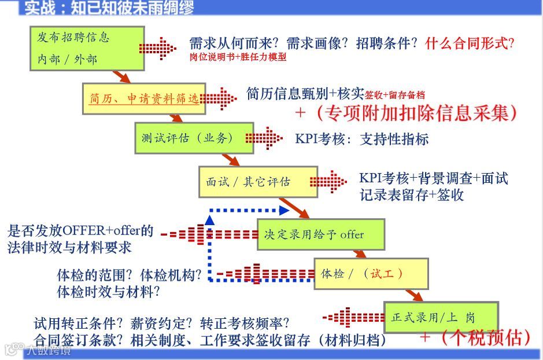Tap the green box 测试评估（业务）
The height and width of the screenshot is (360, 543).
click(x=194, y=138)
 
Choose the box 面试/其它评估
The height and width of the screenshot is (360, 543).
click(x=257, y=182)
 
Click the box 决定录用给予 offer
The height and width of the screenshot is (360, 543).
click(x=320, y=234)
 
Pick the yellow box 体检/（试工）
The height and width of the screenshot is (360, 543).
click(x=371, y=273)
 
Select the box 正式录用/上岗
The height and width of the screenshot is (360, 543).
click(x=441, y=317)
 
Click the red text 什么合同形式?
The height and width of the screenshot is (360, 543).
click(x=469, y=43)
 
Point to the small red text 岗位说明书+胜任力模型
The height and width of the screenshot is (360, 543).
click(x=238, y=57)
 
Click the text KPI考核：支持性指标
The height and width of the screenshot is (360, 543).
click(x=362, y=139)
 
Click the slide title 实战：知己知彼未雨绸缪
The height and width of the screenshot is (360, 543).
click(x=109, y=8)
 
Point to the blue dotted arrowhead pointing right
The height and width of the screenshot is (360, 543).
click(x=283, y=210)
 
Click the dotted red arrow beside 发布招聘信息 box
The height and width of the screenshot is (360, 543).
click(x=158, y=47)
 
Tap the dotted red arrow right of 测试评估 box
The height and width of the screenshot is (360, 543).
click(x=264, y=138)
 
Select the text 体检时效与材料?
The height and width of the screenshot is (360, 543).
click(x=108, y=292)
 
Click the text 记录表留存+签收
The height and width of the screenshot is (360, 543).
click(x=412, y=195)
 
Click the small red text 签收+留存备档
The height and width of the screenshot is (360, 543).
click(x=394, y=95)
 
